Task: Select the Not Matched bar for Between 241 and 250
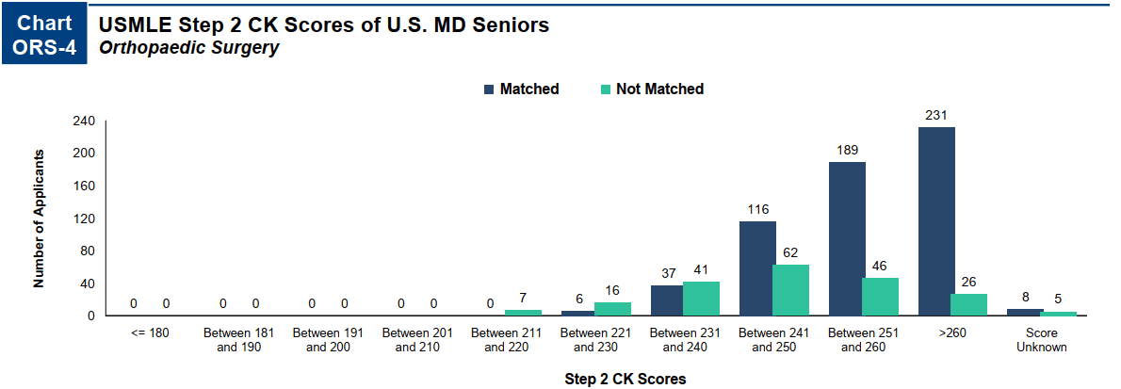coord(790,290)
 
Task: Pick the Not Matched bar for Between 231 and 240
coord(701,299)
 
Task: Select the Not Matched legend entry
coord(652,89)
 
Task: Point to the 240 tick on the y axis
coord(84,122)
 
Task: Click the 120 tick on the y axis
coord(84,219)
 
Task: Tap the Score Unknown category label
coord(1042,340)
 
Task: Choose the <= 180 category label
coord(149,333)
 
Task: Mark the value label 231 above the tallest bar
coord(936,115)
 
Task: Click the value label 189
coord(847,150)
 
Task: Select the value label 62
coord(790,252)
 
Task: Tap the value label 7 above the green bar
coord(523,298)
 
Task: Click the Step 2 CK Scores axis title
coord(625,380)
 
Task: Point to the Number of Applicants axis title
coord(40,218)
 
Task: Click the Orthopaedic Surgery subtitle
coord(188,47)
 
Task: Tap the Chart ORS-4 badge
coord(44,36)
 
